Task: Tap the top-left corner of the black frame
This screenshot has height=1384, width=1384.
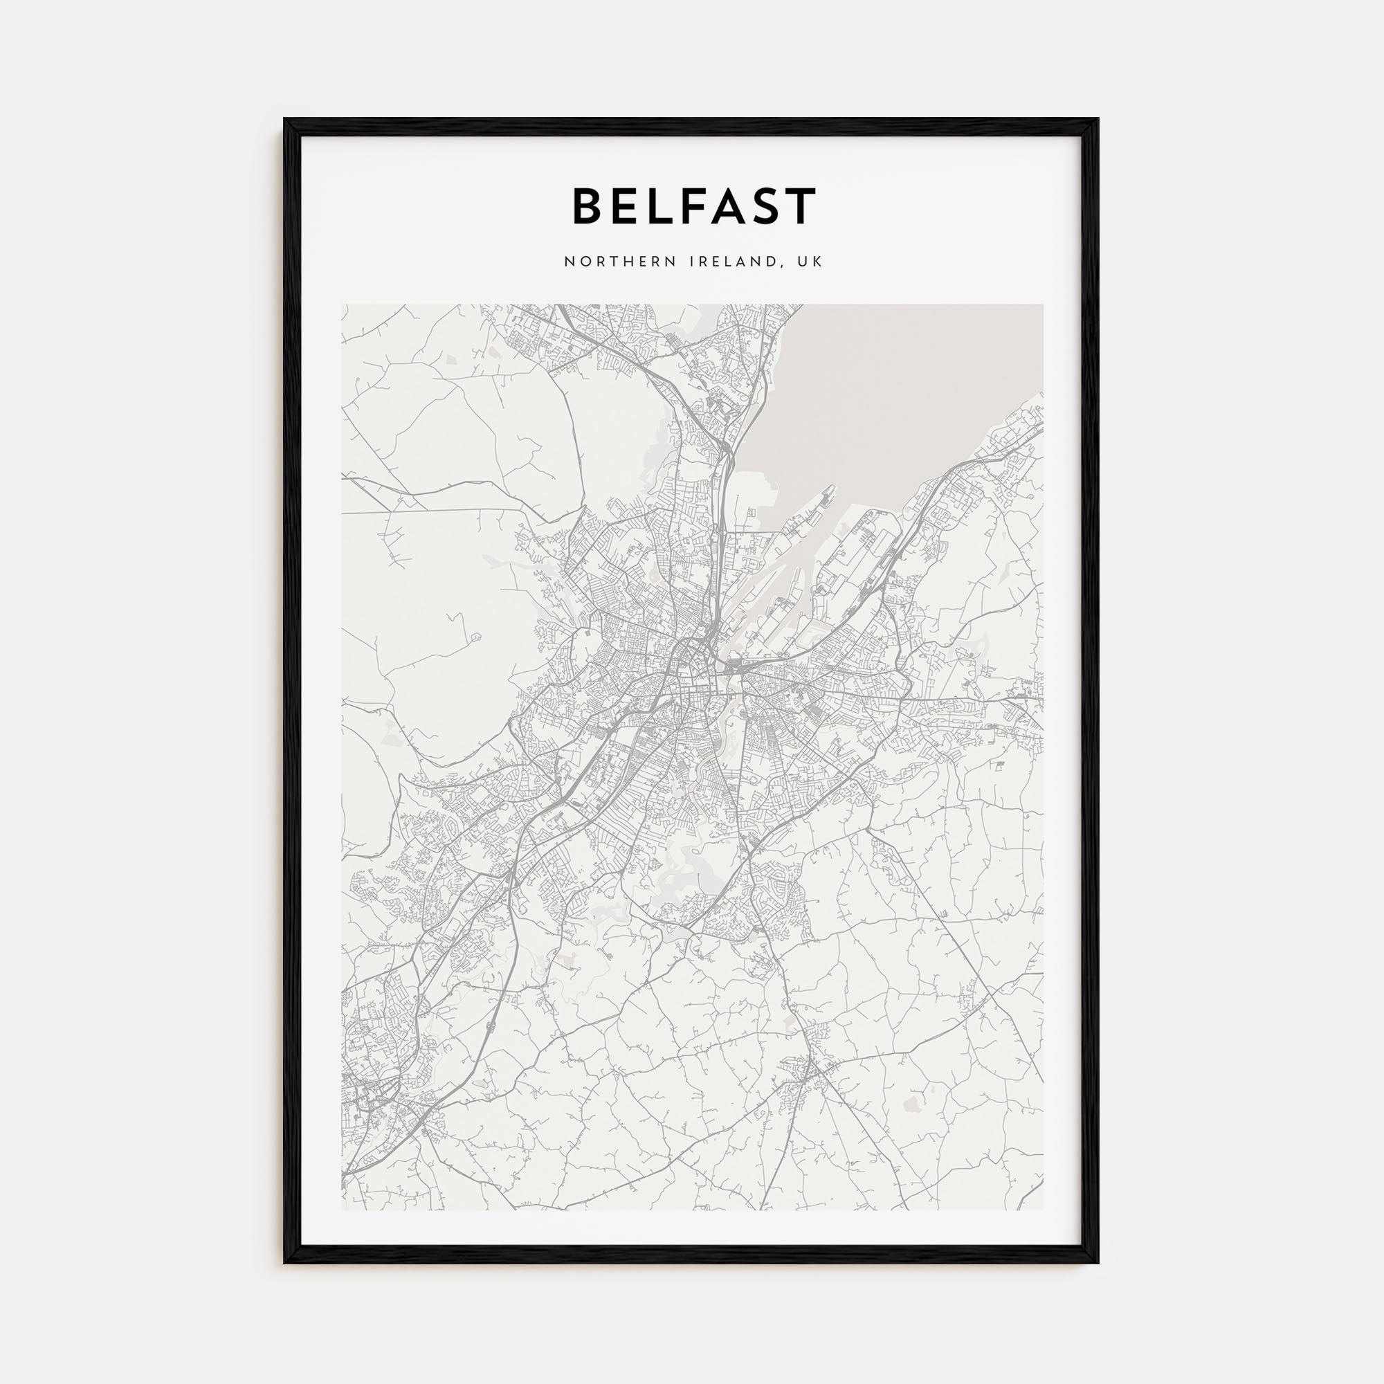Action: pos(285,120)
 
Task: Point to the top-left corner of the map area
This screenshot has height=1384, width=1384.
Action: pos(343,305)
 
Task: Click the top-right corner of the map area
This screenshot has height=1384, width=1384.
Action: pos(1042,305)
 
